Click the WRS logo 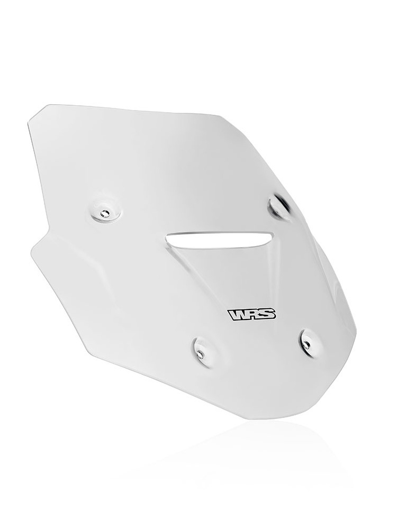pyautogui.click(x=252, y=314)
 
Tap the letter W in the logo pyautogui.click(x=238, y=314)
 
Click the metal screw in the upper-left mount pyautogui.click(x=104, y=213)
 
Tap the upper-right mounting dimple pyautogui.click(x=278, y=206)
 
